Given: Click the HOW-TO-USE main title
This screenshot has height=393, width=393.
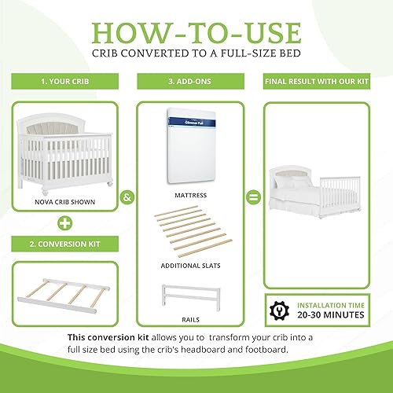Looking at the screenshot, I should [x=196, y=32].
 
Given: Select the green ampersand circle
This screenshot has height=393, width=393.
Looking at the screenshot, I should [x=126, y=200].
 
